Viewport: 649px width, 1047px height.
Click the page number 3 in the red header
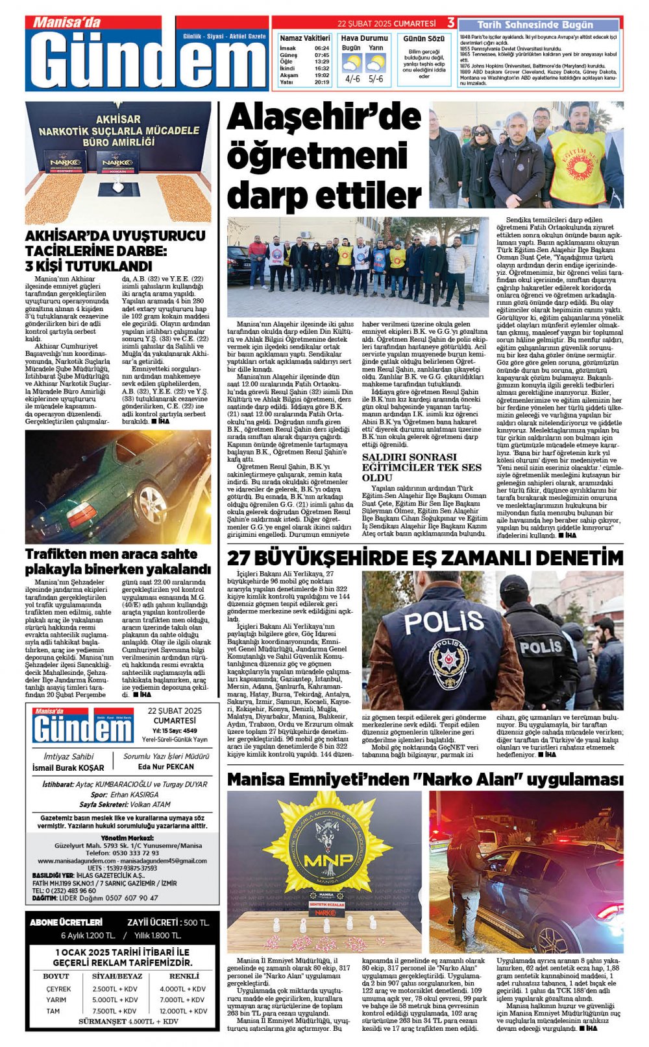[x=450, y=23]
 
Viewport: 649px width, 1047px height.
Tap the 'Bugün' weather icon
[x=352, y=64]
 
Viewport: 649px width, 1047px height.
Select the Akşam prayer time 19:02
[x=321, y=76]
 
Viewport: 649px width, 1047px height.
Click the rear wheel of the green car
[x=150, y=502]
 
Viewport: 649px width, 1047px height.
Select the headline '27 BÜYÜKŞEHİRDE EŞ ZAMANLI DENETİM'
[x=425, y=558]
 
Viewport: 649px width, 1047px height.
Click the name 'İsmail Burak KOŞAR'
[x=68, y=768]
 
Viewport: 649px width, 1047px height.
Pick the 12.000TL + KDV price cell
[x=183, y=1011]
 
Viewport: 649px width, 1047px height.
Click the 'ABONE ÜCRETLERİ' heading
[x=66, y=923]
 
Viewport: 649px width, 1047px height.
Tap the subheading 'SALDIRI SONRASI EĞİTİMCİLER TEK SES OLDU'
[x=422, y=467]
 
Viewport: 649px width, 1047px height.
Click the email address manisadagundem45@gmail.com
[x=166, y=861]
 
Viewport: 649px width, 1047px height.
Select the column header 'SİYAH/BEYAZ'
[x=117, y=976]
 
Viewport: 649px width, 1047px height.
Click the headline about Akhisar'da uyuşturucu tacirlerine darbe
[x=106, y=250]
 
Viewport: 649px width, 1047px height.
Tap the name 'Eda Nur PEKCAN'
[x=166, y=766]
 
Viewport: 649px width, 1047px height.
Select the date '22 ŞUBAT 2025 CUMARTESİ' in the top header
[x=386, y=23]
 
